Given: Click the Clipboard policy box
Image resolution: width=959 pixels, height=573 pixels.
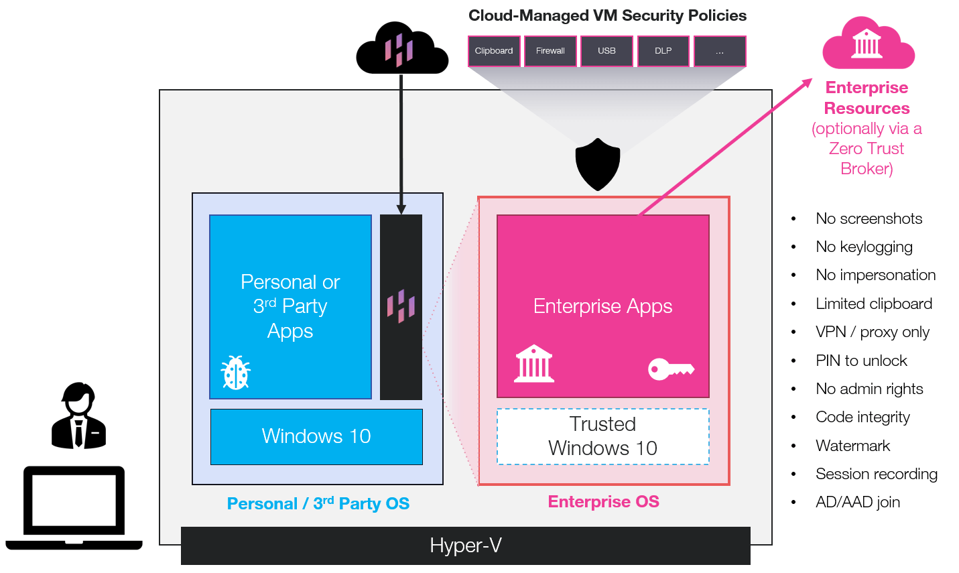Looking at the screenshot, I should coord(494,51).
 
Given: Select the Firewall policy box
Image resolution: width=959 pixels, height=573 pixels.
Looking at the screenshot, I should coord(550,51).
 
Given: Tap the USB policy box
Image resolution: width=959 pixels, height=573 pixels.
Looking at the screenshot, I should coord(606,51).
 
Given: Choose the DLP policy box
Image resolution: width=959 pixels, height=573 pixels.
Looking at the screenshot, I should coord(663,51).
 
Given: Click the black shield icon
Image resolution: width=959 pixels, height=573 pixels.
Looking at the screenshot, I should coord(598,164).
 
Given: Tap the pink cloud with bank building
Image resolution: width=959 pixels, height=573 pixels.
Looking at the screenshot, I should coord(868,44).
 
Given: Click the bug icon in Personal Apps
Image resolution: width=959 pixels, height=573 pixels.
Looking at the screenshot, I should coord(236,373).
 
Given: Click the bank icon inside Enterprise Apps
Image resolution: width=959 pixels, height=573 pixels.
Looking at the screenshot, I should coord(534,364).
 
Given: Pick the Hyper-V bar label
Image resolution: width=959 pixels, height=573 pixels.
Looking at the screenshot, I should coord(466,546).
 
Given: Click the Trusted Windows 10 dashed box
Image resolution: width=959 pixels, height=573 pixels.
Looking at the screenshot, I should coord(602,436).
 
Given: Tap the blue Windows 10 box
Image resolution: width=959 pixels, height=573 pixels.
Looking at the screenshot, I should coord(316,436).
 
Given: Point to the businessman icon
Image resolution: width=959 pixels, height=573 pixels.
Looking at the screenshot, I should coord(79,416).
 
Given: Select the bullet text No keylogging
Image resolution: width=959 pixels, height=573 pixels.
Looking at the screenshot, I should coord(864,247).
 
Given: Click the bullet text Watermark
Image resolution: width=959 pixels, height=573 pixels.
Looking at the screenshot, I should coord(852,446).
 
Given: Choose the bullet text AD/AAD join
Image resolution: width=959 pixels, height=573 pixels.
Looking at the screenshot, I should coord(857,502).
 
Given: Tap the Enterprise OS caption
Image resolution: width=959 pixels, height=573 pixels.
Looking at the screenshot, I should coord(603,501).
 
